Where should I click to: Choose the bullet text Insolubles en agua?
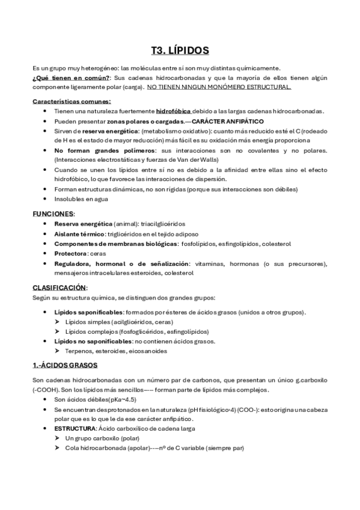(81, 198)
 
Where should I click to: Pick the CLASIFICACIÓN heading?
(59, 287)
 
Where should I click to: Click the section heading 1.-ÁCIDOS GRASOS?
(65, 365)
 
